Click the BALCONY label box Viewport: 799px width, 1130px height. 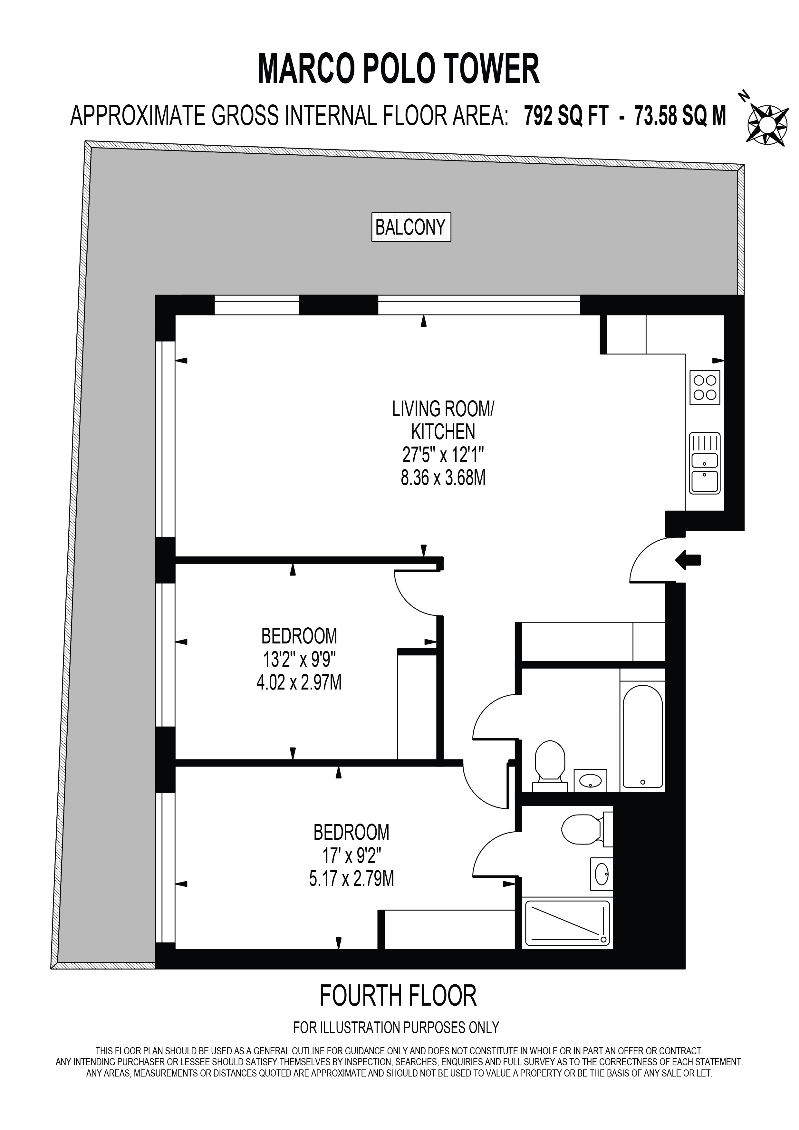(x=411, y=227)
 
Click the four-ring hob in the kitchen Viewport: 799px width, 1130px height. (x=705, y=387)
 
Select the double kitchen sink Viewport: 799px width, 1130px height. (x=705, y=463)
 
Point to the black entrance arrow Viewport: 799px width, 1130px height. (x=688, y=560)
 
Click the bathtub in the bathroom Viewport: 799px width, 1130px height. (x=642, y=735)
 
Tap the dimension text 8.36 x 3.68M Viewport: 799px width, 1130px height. (x=443, y=478)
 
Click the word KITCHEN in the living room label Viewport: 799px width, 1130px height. (x=443, y=432)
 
